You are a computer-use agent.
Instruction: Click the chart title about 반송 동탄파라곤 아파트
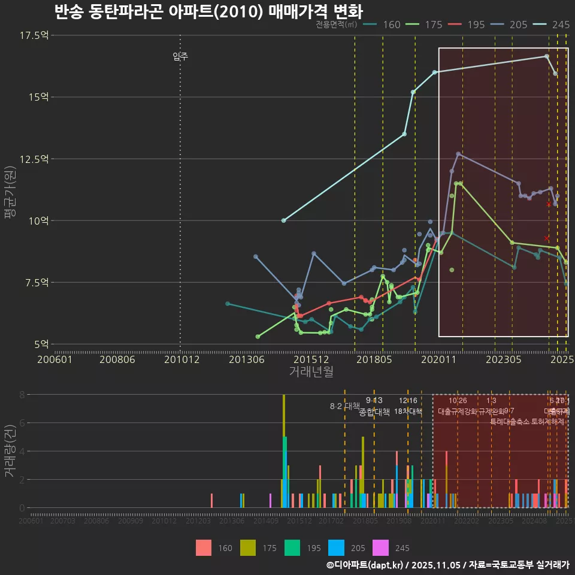(x=208, y=12)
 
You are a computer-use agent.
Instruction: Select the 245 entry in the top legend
(x=561, y=25)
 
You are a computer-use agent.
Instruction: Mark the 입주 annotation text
(x=180, y=56)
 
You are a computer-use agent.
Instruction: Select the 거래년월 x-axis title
(x=311, y=372)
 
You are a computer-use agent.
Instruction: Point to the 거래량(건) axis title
(x=10, y=451)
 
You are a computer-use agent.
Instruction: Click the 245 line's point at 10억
(x=283, y=220)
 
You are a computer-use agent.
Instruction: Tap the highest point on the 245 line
(x=546, y=56)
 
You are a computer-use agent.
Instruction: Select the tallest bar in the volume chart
(x=284, y=451)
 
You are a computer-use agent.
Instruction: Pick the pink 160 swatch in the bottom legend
(x=204, y=547)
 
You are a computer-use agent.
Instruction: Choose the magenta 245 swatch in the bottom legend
(x=380, y=547)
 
